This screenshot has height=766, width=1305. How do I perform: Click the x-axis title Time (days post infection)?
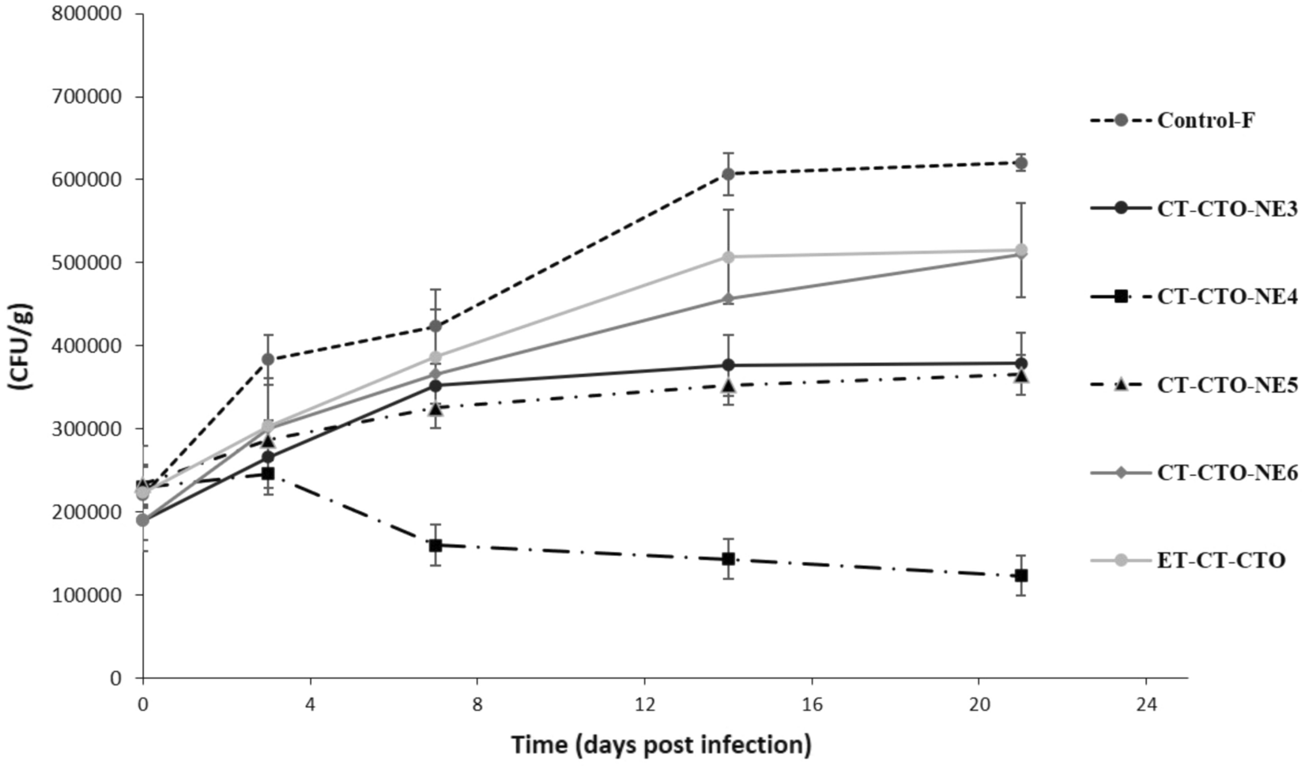pyautogui.click(x=662, y=745)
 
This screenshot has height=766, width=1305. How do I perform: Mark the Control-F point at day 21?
pyautogui.click(x=1021, y=163)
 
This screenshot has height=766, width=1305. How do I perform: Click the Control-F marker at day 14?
pyautogui.click(x=729, y=174)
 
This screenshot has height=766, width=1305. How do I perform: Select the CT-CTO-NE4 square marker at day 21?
pyautogui.click(x=1021, y=575)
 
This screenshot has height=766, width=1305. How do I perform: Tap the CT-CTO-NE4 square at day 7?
pyautogui.click(x=435, y=545)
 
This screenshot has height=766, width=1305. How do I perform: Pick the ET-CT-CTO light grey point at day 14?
pyautogui.click(x=729, y=257)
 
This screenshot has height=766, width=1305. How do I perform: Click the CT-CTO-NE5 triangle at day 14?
pyautogui.click(x=729, y=386)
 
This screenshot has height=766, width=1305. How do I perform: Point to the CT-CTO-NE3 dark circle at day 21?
pyautogui.click(x=1021, y=364)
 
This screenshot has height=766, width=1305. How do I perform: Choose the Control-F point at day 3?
pyautogui.click(x=268, y=360)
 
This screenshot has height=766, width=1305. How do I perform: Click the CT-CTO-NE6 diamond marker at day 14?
pyautogui.click(x=729, y=299)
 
